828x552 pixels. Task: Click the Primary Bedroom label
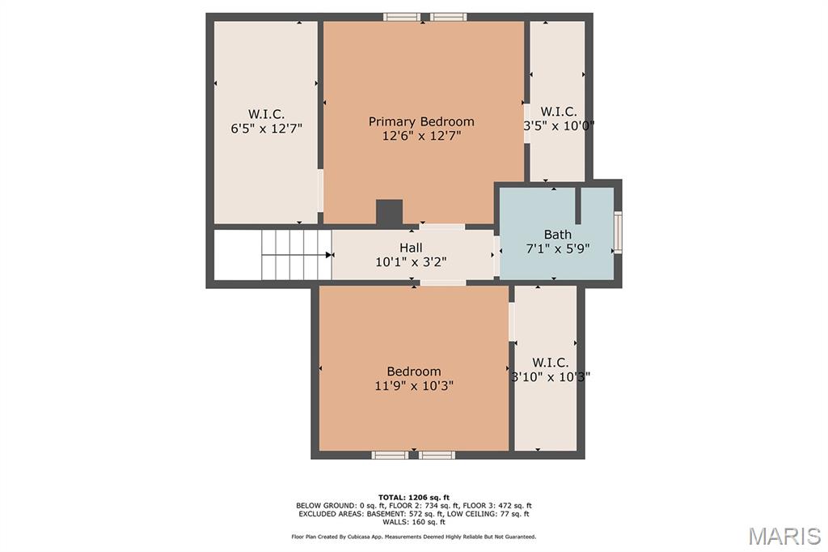pos(421,121)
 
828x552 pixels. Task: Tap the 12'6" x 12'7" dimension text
pos(421,136)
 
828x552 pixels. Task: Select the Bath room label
pos(558,234)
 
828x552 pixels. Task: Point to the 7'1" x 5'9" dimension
pos(558,248)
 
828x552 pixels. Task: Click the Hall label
pos(411,248)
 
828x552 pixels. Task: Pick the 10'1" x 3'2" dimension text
pos(411,261)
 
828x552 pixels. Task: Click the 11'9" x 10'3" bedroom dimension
pos(414,386)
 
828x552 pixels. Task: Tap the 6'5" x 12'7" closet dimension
pos(266,129)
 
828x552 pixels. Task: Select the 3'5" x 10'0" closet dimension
pos(559,125)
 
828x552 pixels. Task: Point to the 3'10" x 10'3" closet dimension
pos(551,377)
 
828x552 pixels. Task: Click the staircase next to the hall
pos(297,255)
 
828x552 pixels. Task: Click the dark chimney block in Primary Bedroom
pos(389,212)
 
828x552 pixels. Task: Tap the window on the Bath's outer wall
pos(617,231)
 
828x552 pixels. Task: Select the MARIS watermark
pos(784,536)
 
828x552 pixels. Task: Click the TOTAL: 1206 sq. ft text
pos(414,497)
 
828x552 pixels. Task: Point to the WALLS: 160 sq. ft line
pos(414,522)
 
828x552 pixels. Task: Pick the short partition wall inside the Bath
pos(578,206)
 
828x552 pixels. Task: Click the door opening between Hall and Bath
pos(496,256)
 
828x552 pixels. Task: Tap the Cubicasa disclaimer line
pos(414,537)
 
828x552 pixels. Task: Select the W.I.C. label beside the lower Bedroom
pos(551,363)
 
